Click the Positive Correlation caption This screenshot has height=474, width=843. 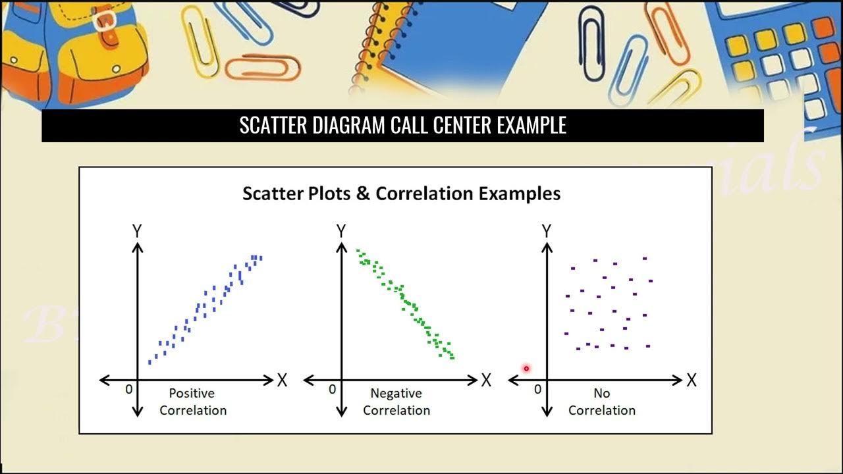tap(192, 402)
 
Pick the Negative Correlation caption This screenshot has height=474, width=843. tap(396, 402)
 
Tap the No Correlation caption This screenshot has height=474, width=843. tap(601, 402)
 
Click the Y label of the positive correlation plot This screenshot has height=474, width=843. tap(137, 231)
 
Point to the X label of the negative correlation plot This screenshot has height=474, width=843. tap(486, 381)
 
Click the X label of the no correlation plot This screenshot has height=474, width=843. tap(692, 381)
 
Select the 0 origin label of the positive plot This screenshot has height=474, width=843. tap(128, 390)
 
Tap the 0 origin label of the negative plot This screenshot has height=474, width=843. tap(332, 390)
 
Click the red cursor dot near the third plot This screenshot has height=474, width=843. tap(526, 369)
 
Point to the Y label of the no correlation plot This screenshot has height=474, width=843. tap(546, 231)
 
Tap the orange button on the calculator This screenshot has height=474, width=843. tap(823, 27)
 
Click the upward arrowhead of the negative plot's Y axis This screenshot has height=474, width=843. tap(341, 247)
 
